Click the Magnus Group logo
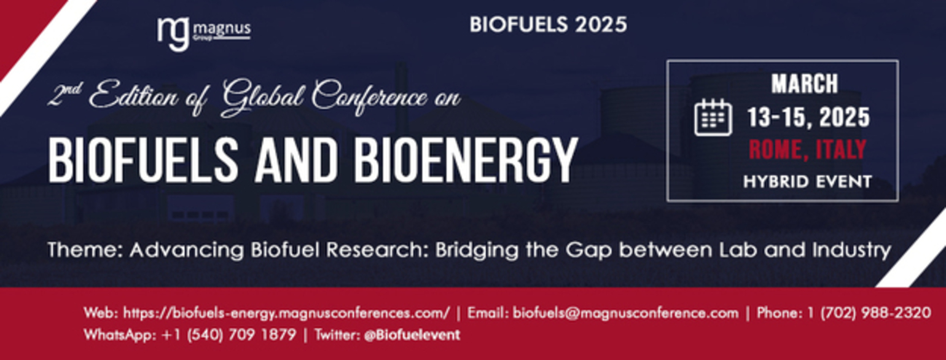tap(204, 34)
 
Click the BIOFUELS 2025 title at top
tap(548, 25)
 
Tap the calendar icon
tap(713, 117)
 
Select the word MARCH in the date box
tap(805, 84)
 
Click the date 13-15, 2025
tap(809, 117)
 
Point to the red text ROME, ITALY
tap(807, 149)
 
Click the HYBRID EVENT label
tap(807, 182)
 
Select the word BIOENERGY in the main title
tap(466, 160)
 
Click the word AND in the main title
tap(296, 160)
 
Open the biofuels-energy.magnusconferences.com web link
tap(286, 313)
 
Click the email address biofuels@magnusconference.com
tap(625, 313)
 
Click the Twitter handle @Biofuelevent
tap(412, 335)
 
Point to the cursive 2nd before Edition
tap(64, 95)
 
